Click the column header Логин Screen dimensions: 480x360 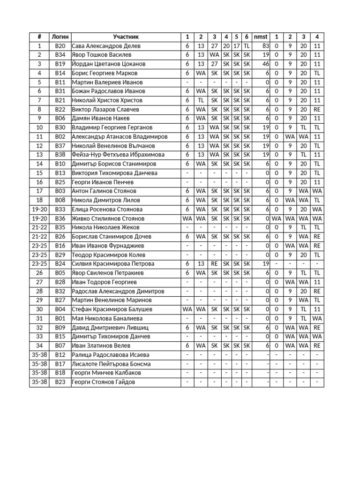point(60,37)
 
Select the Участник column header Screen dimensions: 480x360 point(126,37)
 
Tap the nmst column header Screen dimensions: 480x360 point(261,37)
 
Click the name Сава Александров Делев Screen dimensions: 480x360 point(106,46)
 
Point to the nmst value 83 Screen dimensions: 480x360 point(265,46)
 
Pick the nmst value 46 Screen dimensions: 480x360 point(265,64)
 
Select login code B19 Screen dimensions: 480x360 point(60,64)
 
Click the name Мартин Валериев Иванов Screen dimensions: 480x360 point(107,82)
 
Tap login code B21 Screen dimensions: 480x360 point(60,100)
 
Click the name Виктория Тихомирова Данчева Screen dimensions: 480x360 point(114,173)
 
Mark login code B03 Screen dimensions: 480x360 point(60,191)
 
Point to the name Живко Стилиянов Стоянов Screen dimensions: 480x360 point(108,218)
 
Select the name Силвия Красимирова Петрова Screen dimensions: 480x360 point(113,264)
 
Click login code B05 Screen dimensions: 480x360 point(60,273)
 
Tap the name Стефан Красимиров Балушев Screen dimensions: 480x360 point(112,309)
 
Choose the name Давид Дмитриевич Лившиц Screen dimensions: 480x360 point(110,328)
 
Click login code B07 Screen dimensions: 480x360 point(60,346)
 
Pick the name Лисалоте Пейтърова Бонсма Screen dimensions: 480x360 point(111,364)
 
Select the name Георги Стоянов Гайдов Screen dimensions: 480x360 point(103,382)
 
